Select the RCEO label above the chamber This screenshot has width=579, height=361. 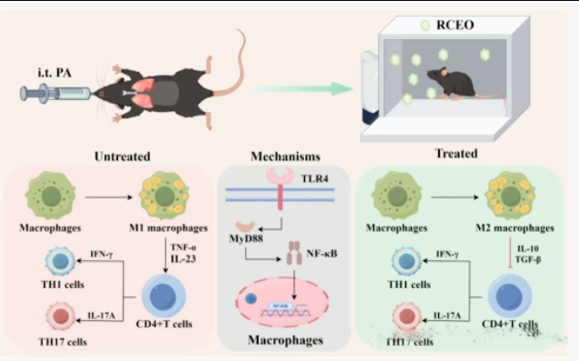(x=456, y=26)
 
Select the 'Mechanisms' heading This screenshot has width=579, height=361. (x=283, y=156)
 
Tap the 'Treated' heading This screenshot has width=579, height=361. (x=456, y=153)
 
